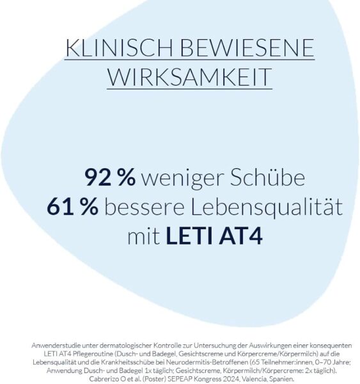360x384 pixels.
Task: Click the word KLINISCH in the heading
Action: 120,48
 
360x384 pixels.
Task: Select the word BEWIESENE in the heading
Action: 247,48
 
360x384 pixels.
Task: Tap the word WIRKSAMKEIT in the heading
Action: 190,77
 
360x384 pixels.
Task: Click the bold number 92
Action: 98,177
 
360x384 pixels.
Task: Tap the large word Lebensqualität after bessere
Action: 267,207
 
